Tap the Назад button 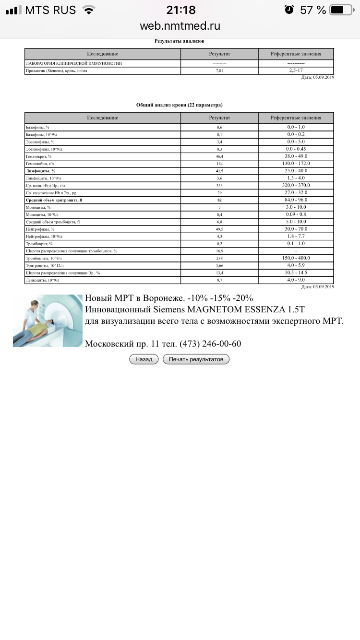[144, 359]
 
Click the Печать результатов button [196, 359]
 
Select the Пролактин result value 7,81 [219, 71]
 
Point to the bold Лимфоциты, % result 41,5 [219, 171]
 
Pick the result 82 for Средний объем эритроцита [219, 200]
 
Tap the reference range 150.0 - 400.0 [296, 258]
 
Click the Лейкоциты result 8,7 [219, 280]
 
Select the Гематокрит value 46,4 [219, 156]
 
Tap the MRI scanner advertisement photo [48, 320]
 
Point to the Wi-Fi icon [88, 10]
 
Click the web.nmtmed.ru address [180, 26]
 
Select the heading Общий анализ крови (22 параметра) [179, 105]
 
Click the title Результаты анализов [179, 41]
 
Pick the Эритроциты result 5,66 [219, 265]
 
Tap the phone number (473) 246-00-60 [210, 344]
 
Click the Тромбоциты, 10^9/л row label [45, 258]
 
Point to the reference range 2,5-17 [296, 71]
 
